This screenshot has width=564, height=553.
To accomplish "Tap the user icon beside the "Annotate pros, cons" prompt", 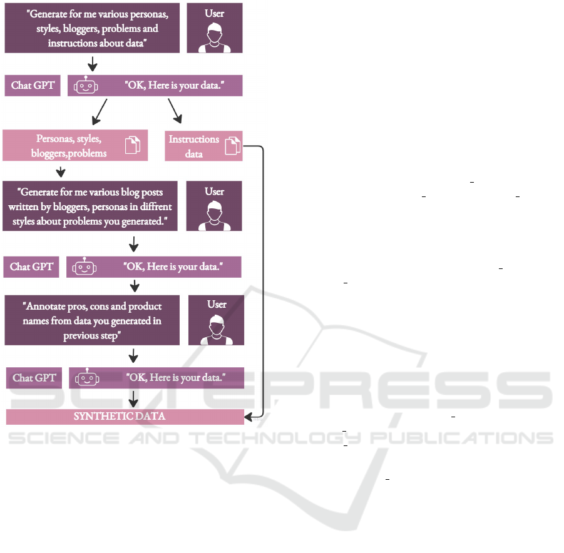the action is point(217,330).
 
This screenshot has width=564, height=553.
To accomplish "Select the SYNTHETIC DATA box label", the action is point(120,417).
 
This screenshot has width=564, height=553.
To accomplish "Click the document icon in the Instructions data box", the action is point(233,146).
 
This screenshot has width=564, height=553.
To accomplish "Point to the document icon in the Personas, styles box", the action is point(133,145).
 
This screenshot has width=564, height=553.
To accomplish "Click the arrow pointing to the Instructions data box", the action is point(175,111).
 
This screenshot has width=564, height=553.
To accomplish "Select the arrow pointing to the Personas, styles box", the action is point(100,112).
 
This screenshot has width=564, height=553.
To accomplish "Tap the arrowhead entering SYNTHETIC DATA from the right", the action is point(248,417).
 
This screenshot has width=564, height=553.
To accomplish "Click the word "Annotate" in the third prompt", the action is point(45,307).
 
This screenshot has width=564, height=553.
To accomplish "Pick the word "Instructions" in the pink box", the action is point(194,139).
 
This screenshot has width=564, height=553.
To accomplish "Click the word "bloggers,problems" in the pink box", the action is point(69,153).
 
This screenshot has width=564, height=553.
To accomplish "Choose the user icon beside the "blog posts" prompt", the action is point(214,215).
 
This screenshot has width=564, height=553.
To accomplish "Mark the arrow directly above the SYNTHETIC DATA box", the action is point(133,399).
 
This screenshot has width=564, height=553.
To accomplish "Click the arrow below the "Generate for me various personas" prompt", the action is point(93,64).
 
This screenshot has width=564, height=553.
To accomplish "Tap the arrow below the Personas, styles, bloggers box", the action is point(61,172).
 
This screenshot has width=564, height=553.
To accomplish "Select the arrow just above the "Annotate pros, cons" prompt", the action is point(135,287).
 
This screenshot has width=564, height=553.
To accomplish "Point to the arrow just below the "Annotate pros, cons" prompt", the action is point(133,355).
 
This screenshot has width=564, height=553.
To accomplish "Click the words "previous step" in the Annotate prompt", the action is point(92,336).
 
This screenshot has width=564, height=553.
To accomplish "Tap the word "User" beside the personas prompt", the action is point(214,14).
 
